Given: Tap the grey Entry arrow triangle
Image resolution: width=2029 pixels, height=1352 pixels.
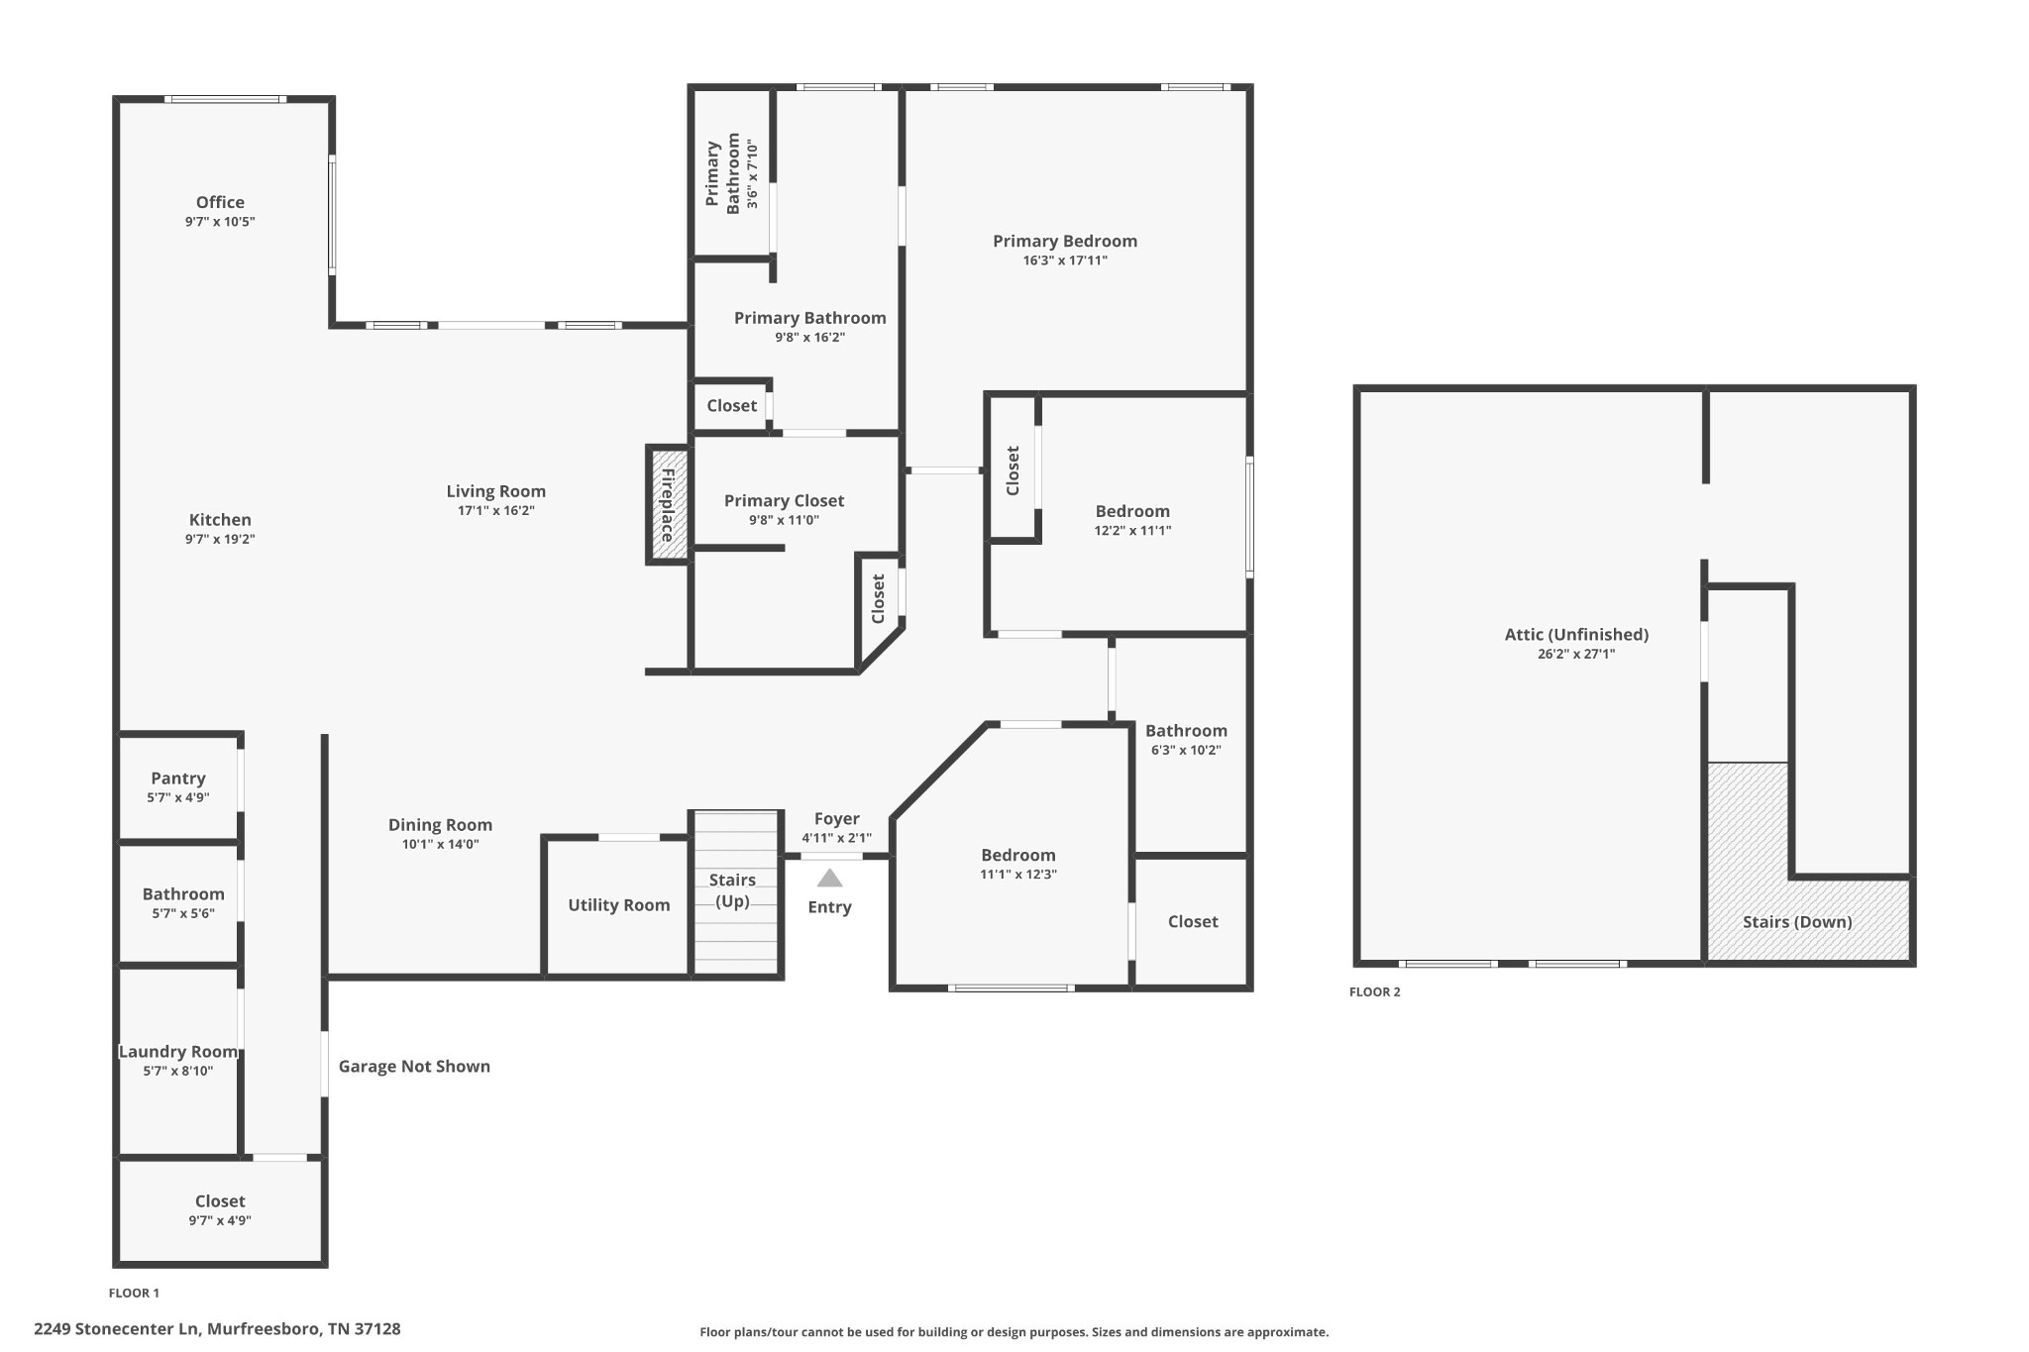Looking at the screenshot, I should click(x=829, y=879).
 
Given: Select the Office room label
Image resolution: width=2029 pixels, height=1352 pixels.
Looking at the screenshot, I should click(x=220, y=202).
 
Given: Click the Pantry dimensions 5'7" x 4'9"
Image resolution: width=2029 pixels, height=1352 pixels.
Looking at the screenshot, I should click(x=178, y=797).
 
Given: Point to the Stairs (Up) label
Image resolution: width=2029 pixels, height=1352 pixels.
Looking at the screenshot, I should click(x=732, y=889).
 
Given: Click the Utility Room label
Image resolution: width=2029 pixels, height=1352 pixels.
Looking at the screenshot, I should click(x=618, y=904).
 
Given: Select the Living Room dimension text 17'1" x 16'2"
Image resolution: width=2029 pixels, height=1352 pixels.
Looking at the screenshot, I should click(x=495, y=511).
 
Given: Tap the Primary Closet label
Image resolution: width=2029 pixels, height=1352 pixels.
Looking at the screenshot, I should click(x=784, y=500).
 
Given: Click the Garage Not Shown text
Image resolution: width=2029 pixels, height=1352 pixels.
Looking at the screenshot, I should click(x=414, y=1066).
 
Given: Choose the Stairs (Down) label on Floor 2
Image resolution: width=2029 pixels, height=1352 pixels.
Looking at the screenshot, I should click(x=1797, y=921).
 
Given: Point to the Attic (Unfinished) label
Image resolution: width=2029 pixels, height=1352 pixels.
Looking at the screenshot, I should click(x=1576, y=634).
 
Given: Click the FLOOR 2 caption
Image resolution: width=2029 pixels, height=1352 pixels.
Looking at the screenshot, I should click(x=1374, y=991).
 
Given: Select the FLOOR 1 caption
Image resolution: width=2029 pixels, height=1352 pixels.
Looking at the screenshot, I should click(x=134, y=1293).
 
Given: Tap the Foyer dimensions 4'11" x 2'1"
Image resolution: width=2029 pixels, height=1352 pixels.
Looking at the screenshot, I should click(x=836, y=838).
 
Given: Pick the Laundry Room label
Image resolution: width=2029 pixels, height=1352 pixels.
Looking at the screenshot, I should click(x=178, y=1051).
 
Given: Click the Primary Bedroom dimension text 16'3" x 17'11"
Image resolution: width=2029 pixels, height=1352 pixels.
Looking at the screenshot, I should click(x=1065, y=260).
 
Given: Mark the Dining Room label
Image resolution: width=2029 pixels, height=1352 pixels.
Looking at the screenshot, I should click(x=440, y=824).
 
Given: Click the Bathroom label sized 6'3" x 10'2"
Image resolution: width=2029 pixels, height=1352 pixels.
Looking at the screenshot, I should click(x=1186, y=730).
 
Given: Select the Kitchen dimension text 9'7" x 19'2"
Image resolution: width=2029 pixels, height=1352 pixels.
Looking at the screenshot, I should click(x=220, y=540).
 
